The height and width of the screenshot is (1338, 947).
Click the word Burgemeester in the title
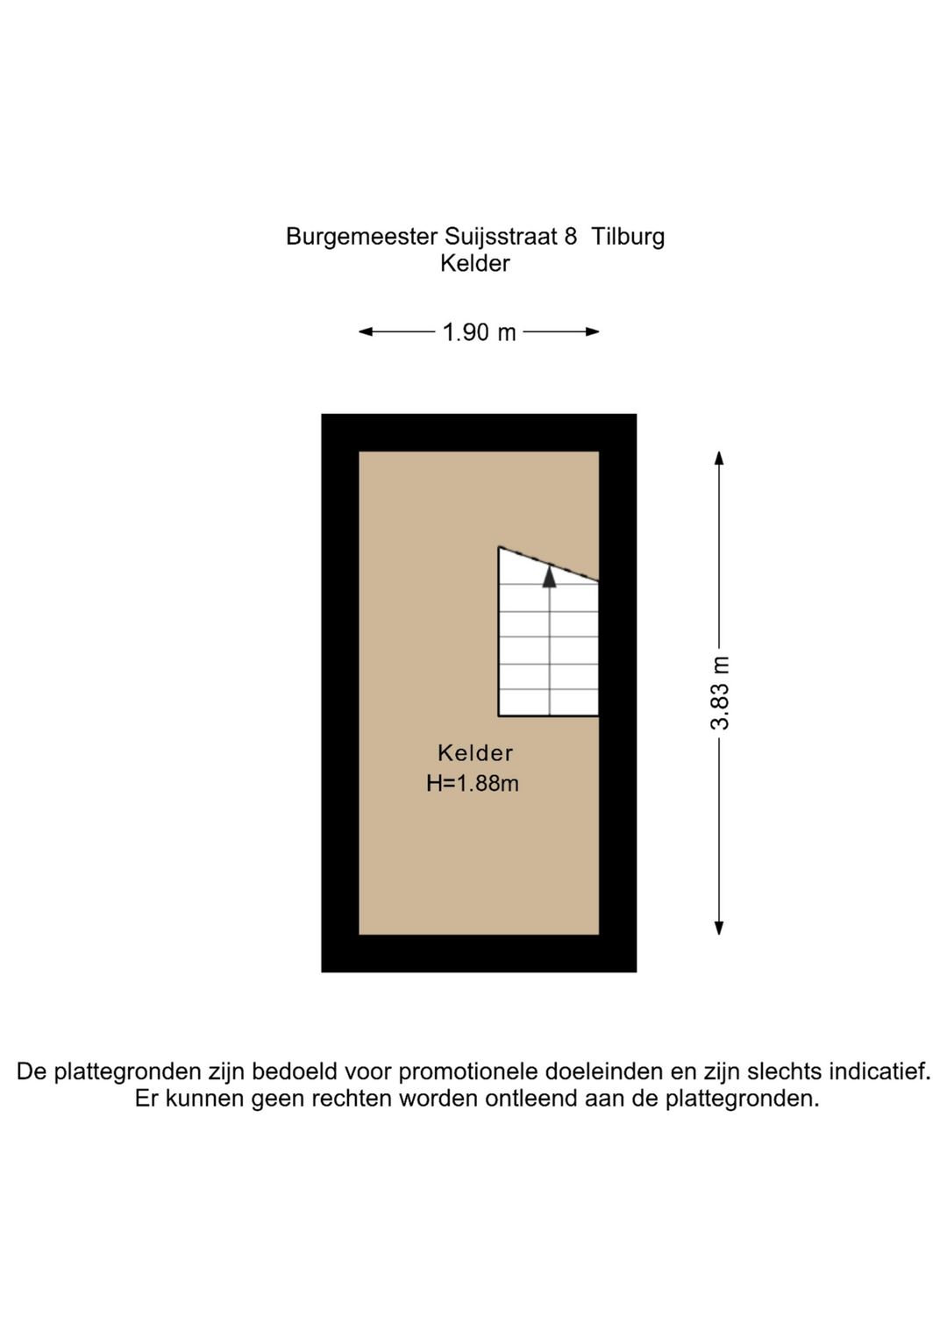(361, 237)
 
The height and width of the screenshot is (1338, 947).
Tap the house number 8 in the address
(571, 237)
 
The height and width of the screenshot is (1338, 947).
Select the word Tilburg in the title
(628, 237)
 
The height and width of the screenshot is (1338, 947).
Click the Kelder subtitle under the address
(475, 263)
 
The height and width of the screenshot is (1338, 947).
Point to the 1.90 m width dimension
(479, 332)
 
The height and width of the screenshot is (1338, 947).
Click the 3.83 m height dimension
(720, 694)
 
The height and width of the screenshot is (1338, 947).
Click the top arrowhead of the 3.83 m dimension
(719, 458)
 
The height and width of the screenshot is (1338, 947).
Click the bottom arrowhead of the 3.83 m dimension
(719, 929)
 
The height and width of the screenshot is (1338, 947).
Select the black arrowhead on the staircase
(549, 576)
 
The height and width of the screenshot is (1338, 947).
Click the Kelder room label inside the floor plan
(475, 753)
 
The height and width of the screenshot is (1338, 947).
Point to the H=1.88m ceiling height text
(473, 783)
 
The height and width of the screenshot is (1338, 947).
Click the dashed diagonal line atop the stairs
(549, 564)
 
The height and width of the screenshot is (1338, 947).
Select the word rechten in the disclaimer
(353, 1099)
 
